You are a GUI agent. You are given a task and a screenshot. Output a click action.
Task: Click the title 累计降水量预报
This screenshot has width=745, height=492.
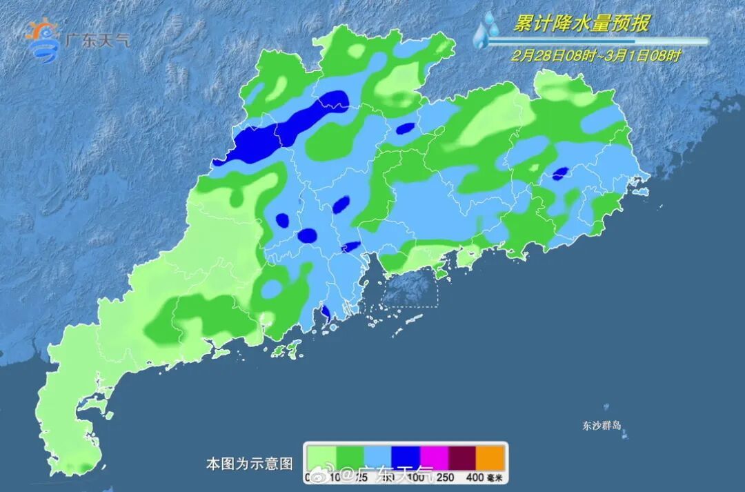[x=582, y=23]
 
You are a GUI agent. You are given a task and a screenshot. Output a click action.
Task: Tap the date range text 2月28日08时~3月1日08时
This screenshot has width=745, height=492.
[x=596, y=56]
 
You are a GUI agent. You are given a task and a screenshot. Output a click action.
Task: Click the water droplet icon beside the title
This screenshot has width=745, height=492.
[x=487, y=29]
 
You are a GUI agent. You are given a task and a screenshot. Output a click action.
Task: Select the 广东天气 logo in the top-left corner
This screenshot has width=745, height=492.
[x=77, y=40]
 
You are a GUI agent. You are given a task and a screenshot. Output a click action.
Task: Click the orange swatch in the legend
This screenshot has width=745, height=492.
[x=491, y=457]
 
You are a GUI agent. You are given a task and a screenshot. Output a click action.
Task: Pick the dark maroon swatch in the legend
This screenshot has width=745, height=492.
[x=463, y=457]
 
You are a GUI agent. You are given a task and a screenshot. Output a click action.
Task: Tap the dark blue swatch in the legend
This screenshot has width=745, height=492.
[x=406, y=457]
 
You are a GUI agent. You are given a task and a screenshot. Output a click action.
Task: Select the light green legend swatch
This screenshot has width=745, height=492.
[x=321, y=457]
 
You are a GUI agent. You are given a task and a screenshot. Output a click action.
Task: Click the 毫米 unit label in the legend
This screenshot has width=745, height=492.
[x=496, y=477]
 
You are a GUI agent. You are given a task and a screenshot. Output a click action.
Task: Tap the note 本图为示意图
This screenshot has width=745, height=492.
[x=250, y=464]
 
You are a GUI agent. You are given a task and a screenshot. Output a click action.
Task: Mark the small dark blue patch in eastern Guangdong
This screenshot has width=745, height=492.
[x=560, y=173]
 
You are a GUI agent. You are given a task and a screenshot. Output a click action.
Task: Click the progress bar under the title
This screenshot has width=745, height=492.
[x=597, y=41]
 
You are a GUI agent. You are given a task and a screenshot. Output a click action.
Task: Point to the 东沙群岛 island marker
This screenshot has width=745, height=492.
[x=624, y=435]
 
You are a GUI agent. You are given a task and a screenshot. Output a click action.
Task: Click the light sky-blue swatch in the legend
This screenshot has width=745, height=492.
[x=378, y=457]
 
